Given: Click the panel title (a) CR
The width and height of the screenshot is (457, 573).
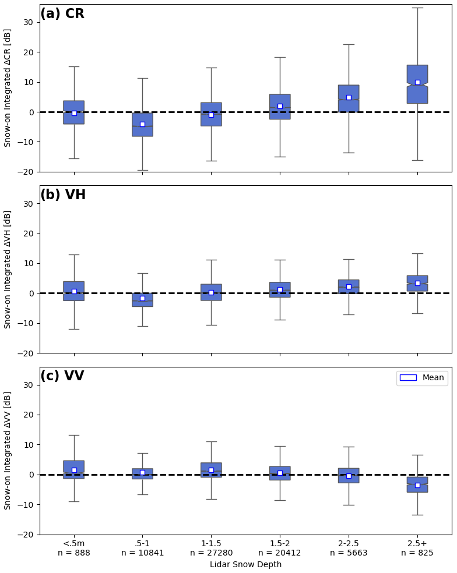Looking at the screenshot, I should [x=62, y=14].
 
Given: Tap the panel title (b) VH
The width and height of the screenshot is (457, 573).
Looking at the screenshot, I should [x=63, y=195].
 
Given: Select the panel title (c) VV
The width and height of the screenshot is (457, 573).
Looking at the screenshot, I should [x=62, y=376].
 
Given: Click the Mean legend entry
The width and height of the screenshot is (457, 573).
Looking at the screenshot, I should [x=422, y=378].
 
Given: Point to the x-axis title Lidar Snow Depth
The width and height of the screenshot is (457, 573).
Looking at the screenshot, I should [x=245, y=564].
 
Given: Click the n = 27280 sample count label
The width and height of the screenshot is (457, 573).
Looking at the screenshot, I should [x=211, y=553].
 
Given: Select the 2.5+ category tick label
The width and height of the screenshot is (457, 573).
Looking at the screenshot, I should [x=417, y=543].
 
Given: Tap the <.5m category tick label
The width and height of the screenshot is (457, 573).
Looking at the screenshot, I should [x=74, y=543].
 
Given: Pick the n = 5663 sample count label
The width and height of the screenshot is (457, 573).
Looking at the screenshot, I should [x=349, y=553].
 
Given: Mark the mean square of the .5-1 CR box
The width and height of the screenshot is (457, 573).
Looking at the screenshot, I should [x=142, y=124].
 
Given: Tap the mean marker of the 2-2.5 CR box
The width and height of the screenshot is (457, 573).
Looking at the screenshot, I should [x=349, y=97].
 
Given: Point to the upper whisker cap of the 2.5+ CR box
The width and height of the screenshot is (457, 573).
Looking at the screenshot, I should [x=417, y=8].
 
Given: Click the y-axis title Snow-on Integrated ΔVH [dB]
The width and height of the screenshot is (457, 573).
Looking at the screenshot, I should [x=8, y=269].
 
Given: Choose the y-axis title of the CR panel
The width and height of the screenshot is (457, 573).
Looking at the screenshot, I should [x=8, y=87].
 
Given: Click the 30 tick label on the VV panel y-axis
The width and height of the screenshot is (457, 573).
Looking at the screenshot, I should [x=28, y=385].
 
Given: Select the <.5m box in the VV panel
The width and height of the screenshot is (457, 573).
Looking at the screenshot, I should [x=74, y=469].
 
